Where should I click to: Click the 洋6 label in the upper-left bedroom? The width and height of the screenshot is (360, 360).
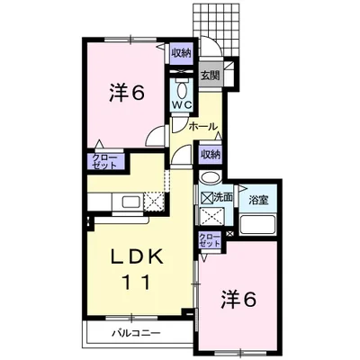pos(127,93)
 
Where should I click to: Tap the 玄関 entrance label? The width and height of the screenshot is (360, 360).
pos(210,75)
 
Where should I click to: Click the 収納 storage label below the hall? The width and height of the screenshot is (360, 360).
pos(210,154)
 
